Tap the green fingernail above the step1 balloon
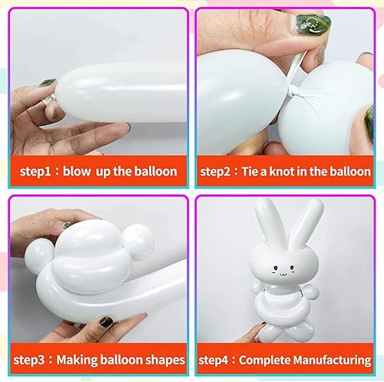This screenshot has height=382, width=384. pos(48,82)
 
